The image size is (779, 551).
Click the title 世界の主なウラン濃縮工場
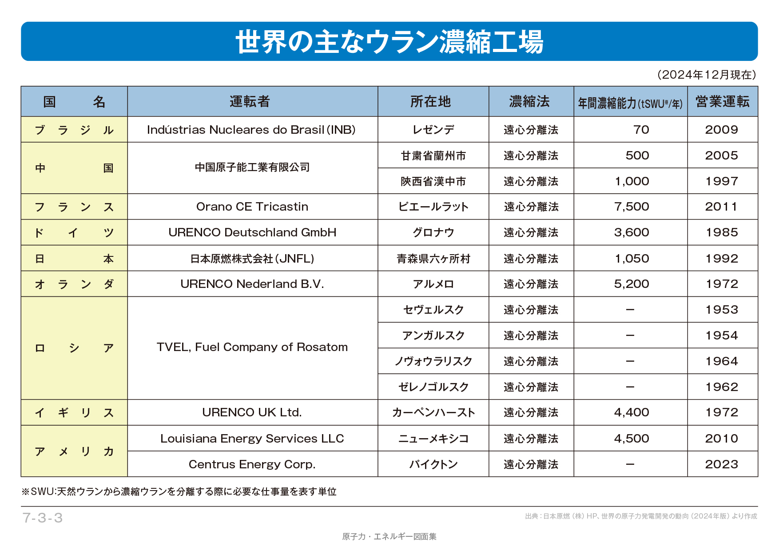389,42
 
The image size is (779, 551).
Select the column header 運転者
250,102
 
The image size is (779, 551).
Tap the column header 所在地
430,102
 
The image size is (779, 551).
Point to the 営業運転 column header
722,102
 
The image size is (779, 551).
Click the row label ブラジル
74,130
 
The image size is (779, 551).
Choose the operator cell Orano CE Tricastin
252,207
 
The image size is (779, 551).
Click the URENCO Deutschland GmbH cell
252,232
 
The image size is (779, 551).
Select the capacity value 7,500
631,207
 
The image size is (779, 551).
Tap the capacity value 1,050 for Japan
632,259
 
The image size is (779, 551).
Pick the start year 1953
722,310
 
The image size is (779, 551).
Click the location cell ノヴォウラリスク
433,361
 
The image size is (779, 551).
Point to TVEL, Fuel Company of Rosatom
252,347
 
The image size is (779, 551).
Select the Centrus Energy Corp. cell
252,464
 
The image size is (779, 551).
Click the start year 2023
722,464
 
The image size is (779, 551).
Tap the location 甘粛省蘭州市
433,156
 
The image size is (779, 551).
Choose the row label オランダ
74,284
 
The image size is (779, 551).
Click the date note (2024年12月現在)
707,75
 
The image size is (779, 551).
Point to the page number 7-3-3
43,518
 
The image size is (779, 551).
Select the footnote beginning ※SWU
179,491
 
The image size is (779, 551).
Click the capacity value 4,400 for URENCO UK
631,412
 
